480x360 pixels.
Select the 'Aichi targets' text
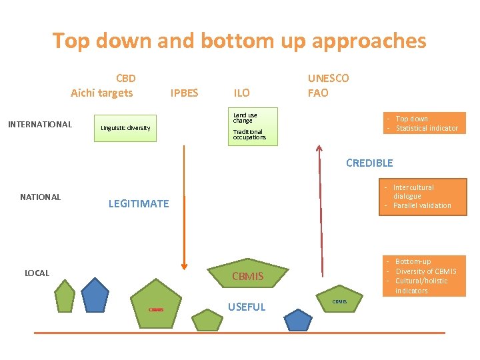pos(102,93)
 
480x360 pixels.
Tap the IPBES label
pos(184,93)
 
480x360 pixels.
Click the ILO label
pos(241,93)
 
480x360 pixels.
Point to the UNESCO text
pos(328,78)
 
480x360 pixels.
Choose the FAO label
pos(318,93)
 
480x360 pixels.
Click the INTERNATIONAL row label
pos(39,124)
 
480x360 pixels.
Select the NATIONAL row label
pos(40,197)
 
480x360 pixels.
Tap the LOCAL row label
pos(38,273)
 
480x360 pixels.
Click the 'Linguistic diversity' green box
pos(125,128)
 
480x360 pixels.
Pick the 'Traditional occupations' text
pos(249,135)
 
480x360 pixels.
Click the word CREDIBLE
pos(369,163)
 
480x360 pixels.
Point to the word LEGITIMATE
pos(139,203)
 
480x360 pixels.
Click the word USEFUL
pos(247,307)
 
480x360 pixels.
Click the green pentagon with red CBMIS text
pos(156,303)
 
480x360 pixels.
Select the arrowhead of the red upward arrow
pos(319,151)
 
